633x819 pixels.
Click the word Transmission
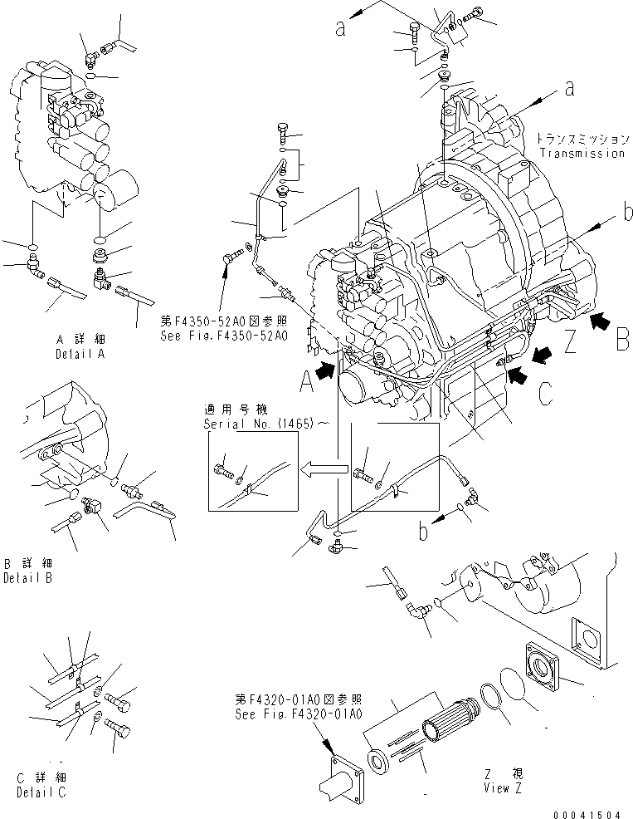(x=582, y=153)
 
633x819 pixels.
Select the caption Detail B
(x=27, y=578)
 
